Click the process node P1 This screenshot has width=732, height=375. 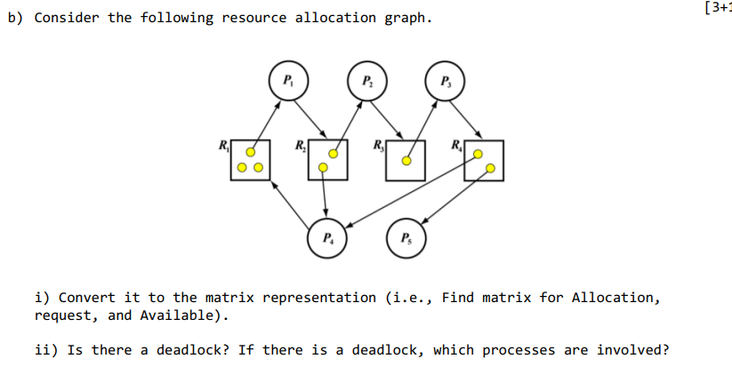[286, 80]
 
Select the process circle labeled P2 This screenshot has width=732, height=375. [366, 80]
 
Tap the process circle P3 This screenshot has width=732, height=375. [445, 80]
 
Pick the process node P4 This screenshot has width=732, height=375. [327, 238]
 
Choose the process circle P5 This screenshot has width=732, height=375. [406, 238]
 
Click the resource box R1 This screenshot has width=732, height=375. [250, 160]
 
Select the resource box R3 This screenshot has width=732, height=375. [406, 160]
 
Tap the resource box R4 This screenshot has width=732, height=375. [484, 160]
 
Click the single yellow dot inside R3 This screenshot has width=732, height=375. [406, 162]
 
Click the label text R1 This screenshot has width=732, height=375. [222, 145]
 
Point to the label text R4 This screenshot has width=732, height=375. [456, 145]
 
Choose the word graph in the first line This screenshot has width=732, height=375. [410, 18]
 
